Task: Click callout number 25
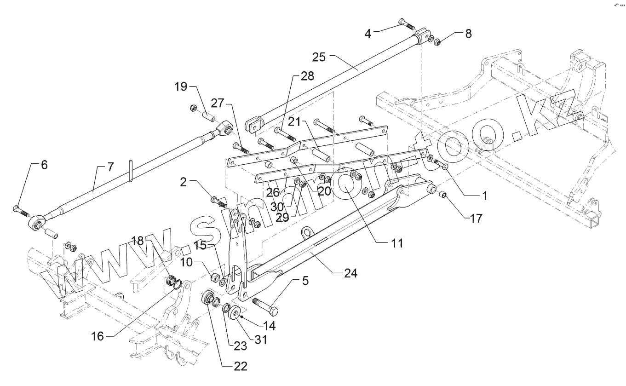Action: pyautogui.click(x=319, y=58)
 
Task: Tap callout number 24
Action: pyautogui.click(x=350, y=273)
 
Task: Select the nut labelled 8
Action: pyautogui.click(x=438, y=42)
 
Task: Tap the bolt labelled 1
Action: pyautogui.click(x=442, y=165)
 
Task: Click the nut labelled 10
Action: pyautogui.click(x=215, y=277)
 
